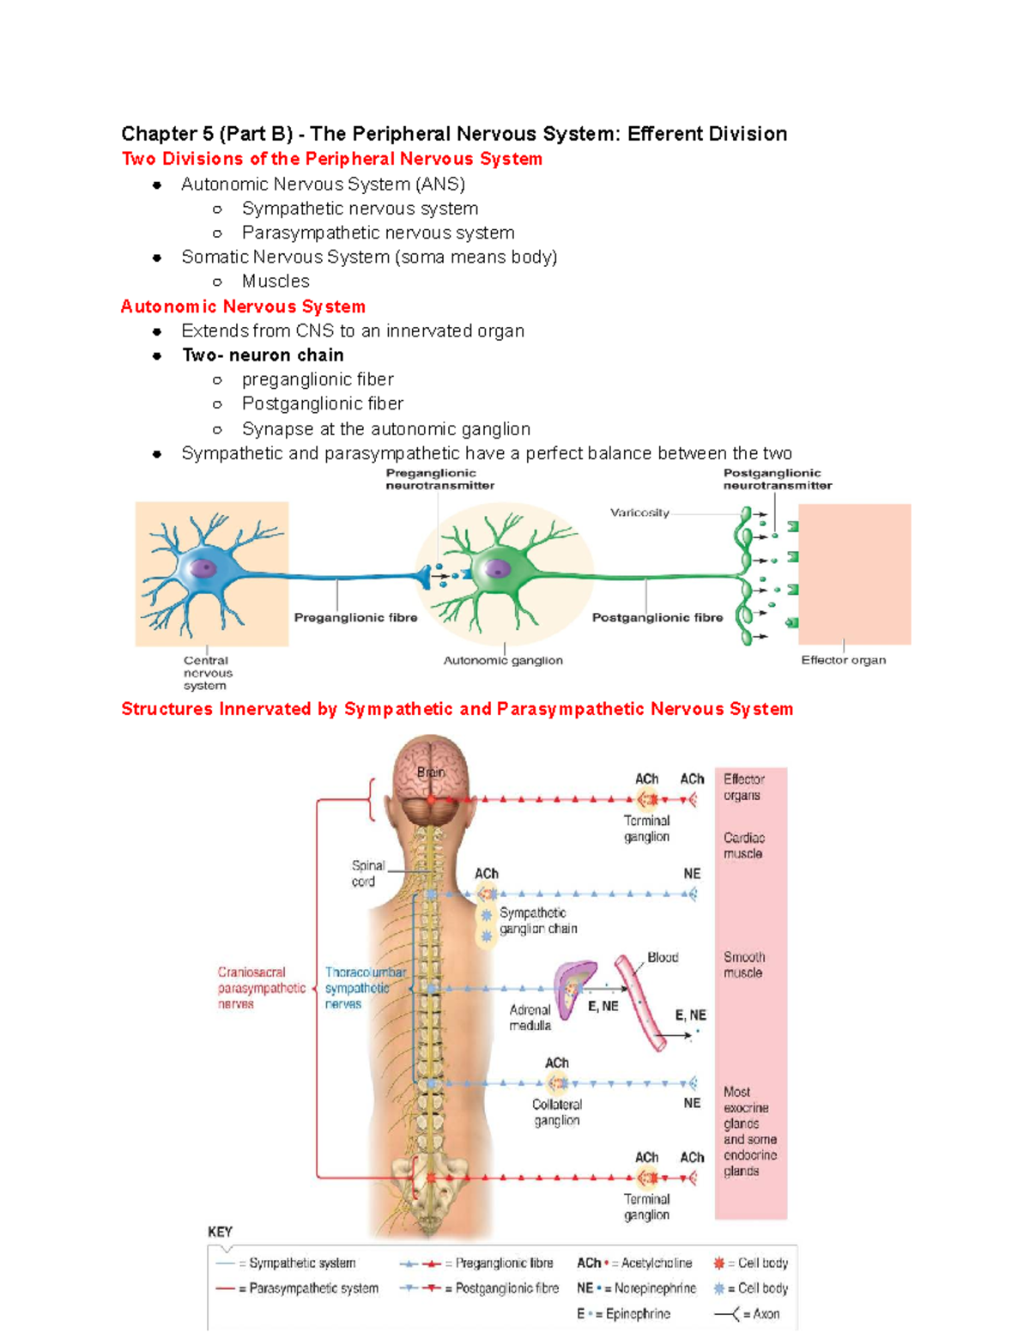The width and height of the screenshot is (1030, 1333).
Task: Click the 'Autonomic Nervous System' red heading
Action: point(243,306)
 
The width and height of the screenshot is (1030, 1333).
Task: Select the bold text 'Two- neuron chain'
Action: point(263,355)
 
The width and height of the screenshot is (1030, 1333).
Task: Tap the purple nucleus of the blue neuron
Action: point(203,568)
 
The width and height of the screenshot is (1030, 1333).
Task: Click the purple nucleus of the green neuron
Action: point(497,568)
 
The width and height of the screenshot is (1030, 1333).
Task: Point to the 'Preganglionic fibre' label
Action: point(355,617)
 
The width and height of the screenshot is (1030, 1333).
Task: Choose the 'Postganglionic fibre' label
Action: point(657,617)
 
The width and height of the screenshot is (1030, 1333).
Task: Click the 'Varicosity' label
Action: point(639,512)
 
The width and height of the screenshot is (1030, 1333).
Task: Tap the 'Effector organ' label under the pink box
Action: point(843,660)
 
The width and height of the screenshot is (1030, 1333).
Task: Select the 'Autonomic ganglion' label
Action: point(503,660)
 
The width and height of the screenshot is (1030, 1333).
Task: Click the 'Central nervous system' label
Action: point(207,673)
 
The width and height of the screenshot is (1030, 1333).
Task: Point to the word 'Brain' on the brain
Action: point(431,773)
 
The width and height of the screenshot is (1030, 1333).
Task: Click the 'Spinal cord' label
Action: point(367,873)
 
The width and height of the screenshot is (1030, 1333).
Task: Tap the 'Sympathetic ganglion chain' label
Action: point(537,920)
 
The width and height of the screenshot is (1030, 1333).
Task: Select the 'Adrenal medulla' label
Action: point(530,1017)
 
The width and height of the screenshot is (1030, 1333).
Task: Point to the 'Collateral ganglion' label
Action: point(556,1112)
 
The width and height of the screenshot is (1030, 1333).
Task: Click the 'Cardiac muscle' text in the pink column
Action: point(743,845)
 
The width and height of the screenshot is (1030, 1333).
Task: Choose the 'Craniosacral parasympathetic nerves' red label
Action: point(260,988)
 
